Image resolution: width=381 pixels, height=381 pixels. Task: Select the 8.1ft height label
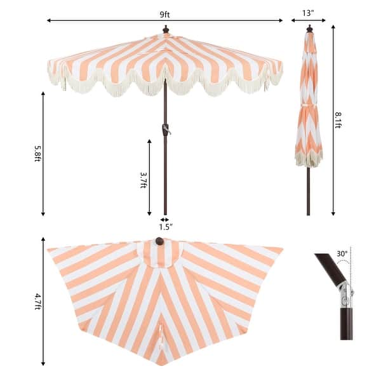[x=339, y=119]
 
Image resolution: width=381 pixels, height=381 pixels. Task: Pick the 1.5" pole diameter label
[x=165, y=226]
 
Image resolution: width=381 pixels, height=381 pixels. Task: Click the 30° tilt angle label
[x=342, y=254]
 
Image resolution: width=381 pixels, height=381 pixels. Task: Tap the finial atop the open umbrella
[x=166, y=29]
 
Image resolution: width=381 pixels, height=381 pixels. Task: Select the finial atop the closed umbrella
[x=309, y=29]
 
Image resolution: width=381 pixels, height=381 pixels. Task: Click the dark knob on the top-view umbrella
[x=159, y=241]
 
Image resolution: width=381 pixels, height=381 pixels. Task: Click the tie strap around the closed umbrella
[x=308, y=102]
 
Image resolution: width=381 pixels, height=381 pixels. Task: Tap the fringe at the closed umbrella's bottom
[x=309, y=159]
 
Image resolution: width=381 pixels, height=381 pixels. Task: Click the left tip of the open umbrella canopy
[x=50, y=63]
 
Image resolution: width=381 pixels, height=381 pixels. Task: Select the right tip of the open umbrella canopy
[x=281, y=63]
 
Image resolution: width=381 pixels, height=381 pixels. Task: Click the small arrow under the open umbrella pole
[x=165, y=219]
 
